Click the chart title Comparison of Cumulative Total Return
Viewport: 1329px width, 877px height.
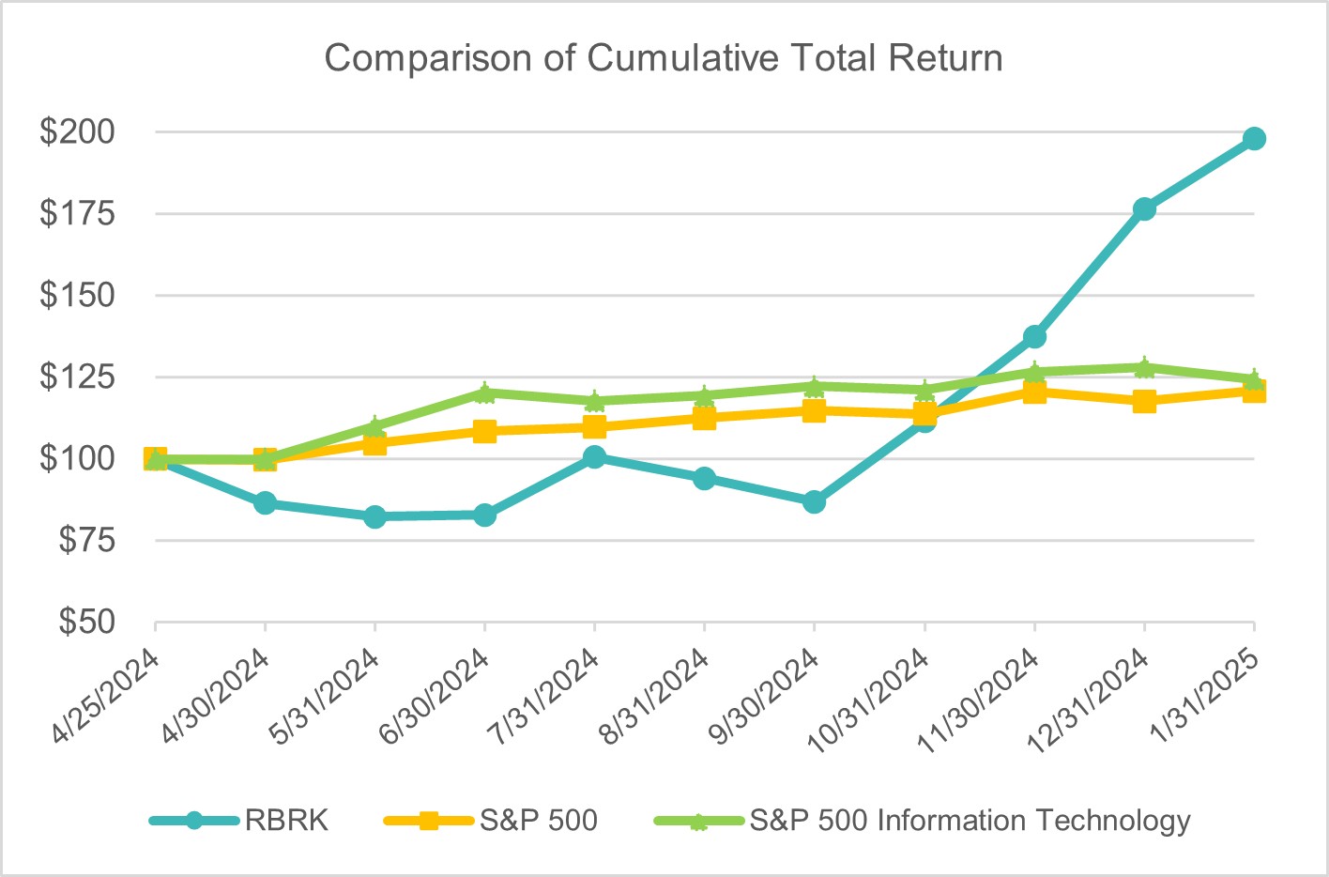[664, 58]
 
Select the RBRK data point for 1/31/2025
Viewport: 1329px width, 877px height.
[1254, 139]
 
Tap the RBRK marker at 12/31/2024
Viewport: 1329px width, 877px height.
[1144, 208]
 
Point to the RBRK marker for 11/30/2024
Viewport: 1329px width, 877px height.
[1034, 336]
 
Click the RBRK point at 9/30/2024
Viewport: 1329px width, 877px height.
[814, 502]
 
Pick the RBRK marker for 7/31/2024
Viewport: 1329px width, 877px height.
[594, 457]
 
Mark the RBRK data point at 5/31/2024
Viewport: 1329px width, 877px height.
[374, 516]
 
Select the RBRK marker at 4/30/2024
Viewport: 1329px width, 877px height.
[265, 503]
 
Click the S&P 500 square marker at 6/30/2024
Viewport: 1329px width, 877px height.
[484, 431]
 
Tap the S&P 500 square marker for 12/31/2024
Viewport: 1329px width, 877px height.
[1144, 401]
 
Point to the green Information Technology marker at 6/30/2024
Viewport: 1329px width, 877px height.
[484, 392]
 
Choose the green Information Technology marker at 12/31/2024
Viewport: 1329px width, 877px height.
[1144, 367]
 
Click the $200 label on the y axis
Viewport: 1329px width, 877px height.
[77, 131]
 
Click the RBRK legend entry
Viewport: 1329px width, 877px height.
[286, 821]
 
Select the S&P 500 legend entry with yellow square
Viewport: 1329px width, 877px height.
[538, 821]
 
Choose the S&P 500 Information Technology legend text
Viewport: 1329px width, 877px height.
[970, 821]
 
